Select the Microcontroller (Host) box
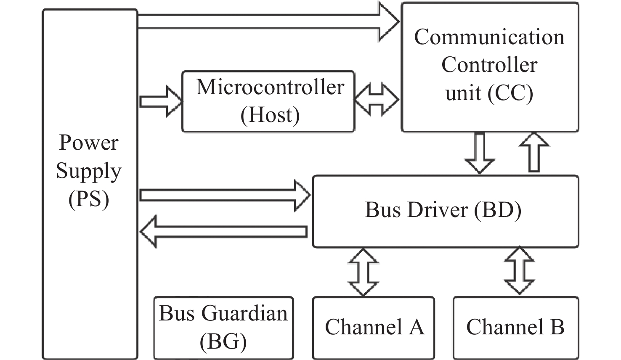pos(268,101)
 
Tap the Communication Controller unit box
pos(490,66)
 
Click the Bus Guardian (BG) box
pos(223,328)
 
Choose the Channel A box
pos(374,327)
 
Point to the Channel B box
pos(515,327)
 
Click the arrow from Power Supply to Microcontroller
pos(160,101)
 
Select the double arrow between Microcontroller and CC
pos(377,100)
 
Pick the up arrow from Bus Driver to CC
pos(534,152)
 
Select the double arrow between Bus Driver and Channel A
pos(363,272)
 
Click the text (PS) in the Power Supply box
pos(89,199)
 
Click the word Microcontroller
pos(270,87)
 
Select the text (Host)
pos(270,115)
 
